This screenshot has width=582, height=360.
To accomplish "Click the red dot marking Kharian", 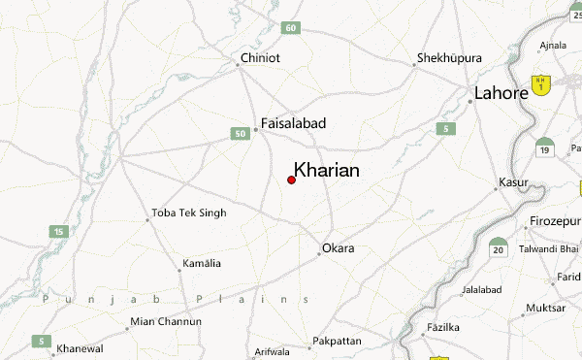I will coord(292,180).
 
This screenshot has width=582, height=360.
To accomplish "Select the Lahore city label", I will coord(501,93).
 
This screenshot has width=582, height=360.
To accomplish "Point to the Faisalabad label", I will coord(294,123).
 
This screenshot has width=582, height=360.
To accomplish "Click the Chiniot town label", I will coord(260,58).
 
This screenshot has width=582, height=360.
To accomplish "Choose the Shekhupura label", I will coord(449,58).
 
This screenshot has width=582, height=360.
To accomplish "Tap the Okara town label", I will coord(339,248).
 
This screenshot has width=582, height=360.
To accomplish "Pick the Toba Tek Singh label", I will coord(189,213).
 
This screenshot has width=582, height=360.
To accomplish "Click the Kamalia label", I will coord(201,263).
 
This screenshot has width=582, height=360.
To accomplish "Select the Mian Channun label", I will coord(165,321).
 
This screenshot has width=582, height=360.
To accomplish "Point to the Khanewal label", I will coord(80,347).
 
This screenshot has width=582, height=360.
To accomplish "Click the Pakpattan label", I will coord(336,342).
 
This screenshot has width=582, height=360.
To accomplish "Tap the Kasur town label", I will coord(513,182).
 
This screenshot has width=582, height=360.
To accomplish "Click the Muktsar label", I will coord(545,308).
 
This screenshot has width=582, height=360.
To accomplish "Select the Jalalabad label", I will coord(483,289).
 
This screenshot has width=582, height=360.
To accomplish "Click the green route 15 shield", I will coord(59,231).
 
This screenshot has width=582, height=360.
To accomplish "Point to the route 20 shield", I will coord(499,249).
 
